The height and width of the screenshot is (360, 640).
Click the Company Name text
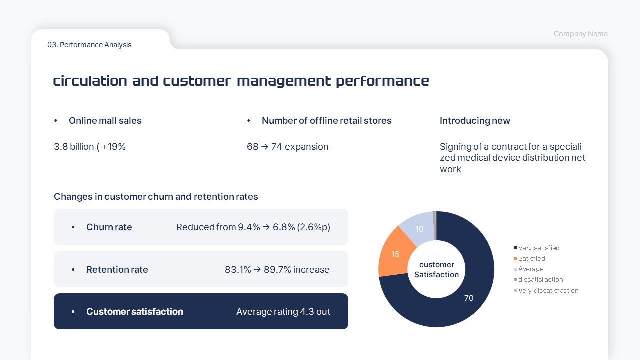click(x=580, y=34)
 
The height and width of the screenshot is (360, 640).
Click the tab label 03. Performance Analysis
click(x=89, y=45)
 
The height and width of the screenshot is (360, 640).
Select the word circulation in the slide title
click(x=90, y=81)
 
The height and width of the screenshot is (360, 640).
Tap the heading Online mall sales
click(x=105, y=121)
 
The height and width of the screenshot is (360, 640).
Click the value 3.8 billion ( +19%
click(x=90, y=147)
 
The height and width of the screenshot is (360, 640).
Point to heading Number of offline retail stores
click(x=326, y=121)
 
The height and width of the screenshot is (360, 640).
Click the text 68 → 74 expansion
click(x=287, y=147)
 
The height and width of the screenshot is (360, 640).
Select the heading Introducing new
click(x=475, y=121)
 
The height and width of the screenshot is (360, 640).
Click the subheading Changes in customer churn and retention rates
click(x=156, y=197)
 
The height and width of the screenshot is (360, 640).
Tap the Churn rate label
click(x=109, y=227)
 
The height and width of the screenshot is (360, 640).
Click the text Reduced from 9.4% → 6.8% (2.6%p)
click(x=253, y=227)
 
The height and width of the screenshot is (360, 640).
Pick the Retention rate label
click(x=117, y=270)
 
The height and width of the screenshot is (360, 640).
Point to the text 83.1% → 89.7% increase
click(x=277, y=270)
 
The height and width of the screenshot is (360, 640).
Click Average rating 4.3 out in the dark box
click(x=283, y=312)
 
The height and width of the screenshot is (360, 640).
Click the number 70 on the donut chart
click(x=469, y=298)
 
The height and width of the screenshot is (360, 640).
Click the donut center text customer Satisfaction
click(x=436, y=270)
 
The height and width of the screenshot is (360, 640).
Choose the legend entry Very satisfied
click(x=539, y=248)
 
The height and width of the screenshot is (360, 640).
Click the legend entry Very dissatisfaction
click(x=548, y=290)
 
